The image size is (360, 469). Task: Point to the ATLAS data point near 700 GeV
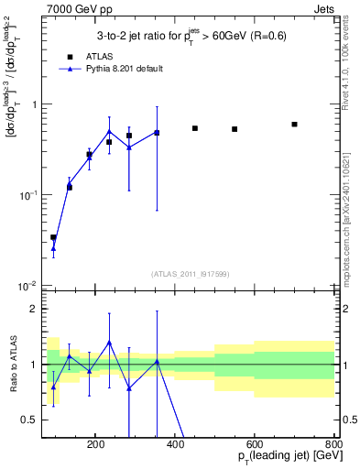click(294, 124)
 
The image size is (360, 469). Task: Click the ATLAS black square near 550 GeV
click(235, 129)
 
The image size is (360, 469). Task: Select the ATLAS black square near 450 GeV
click(195, 128)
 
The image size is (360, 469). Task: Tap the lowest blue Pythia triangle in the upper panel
click(53, 248)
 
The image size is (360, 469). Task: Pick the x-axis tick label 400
click(176, 443)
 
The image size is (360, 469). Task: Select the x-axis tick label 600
click(255, 443)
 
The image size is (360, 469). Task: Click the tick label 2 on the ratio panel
click(36, 310)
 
